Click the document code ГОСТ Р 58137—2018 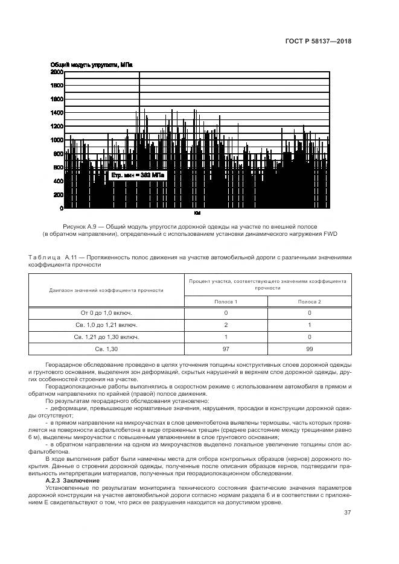click(x=318, y=42)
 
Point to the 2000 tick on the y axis click(x=57, y=72)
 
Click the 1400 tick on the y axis click(x=57, y=113)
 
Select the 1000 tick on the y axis click(x=57, y=140)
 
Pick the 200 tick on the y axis click(x=59, y=195)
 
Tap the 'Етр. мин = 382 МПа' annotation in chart click(x=137, y=175)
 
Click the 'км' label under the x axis click(x=197, y=214)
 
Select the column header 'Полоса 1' click(x=226, y=301)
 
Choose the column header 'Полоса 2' click(x=309, y=301)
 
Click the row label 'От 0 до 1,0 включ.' click(x=106, y=313)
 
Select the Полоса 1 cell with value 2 click(x=226, y=325)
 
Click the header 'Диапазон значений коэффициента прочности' click(x=106, y=290)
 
